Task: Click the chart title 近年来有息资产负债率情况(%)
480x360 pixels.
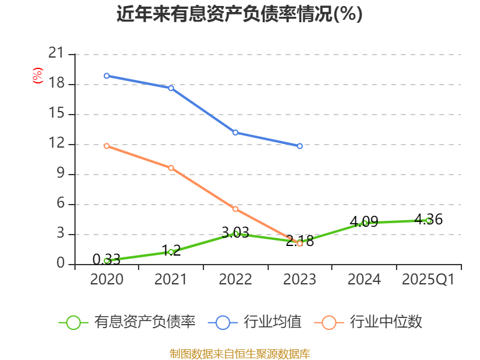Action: [x=239, y=14]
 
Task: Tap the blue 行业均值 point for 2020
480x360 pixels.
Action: [x=106, y=76]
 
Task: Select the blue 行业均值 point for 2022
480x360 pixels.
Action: [x=235, y=132]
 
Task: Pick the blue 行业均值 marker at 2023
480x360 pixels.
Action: [x=300, y=146]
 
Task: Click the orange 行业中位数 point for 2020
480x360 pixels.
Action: [x=106, y=146]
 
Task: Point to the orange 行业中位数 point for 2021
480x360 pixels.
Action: [x=171, y=168]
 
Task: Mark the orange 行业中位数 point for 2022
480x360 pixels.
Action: [x=235, y=209]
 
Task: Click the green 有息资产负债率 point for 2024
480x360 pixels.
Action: [x=364, y=223]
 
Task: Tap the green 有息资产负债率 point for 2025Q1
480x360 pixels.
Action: [x=428, y=220]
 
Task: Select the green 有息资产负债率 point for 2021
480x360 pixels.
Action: [x=171, y=252]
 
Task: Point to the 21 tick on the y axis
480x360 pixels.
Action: [x=56, y=54]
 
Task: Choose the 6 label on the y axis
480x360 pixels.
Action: [x=60, y=204]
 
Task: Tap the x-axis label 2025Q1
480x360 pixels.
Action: [x=428, y=280]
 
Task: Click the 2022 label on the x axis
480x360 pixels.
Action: [x=235, y=280]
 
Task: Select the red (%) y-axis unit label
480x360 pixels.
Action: [x=38, y=76]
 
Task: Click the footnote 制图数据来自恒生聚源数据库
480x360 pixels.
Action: [x=239, y=353]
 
